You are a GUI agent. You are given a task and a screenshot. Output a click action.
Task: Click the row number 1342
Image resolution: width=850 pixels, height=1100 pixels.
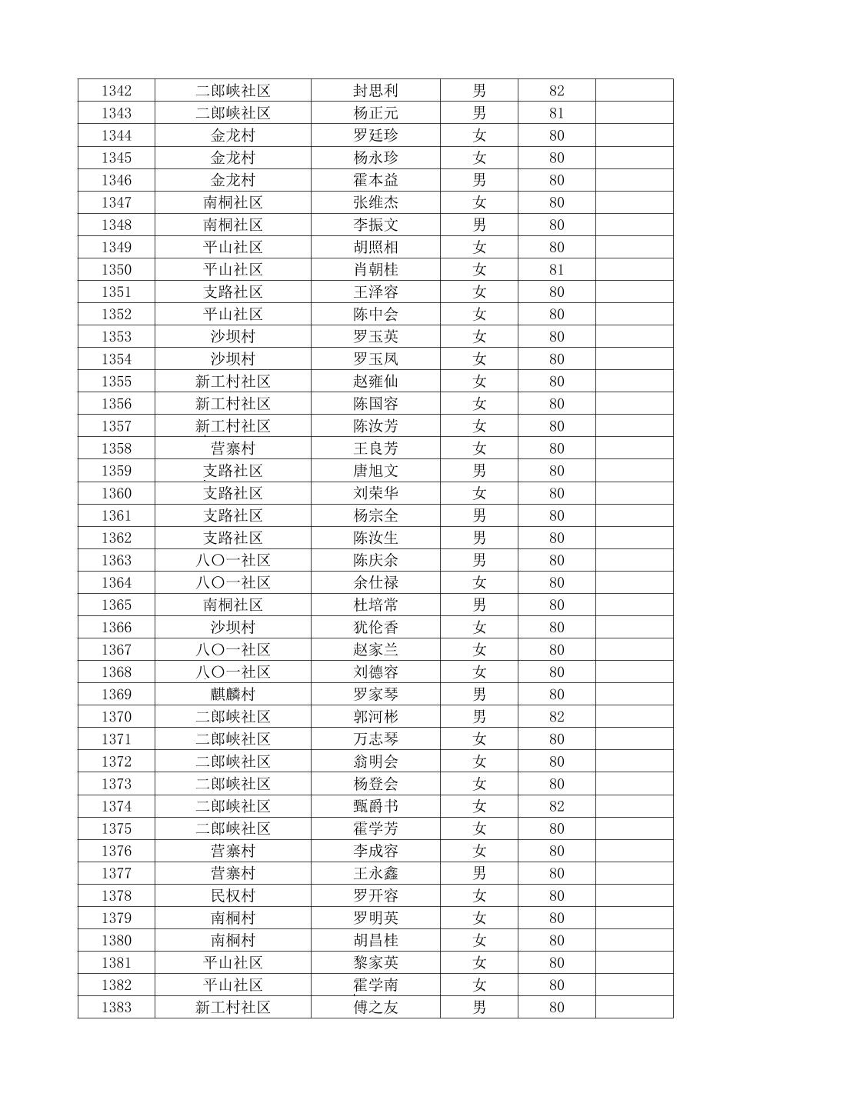[x=116, y=91]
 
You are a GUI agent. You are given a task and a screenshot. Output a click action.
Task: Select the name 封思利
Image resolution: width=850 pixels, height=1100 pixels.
[x=375, y=91]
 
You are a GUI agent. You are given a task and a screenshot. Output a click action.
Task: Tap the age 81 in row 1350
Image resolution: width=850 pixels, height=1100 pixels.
[x=556, y=270]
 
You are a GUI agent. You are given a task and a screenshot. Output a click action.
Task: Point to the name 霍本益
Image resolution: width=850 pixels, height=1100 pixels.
[x=375, y=180]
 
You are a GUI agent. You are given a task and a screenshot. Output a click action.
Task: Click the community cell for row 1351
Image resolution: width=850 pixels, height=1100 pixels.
[x=232, y=292]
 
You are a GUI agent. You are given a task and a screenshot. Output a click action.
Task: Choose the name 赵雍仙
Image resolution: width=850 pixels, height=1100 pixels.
[x=375, y=382]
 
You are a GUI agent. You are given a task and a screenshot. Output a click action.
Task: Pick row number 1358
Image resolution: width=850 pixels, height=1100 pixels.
[x=116, y=448]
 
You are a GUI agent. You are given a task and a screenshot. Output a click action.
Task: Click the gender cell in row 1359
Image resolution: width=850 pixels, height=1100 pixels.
[x=478, y=471]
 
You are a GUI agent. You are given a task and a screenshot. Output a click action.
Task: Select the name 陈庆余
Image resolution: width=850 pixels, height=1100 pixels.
[x=375, y=560]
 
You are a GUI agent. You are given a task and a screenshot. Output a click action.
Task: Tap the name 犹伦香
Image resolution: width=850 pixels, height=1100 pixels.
[x=375, y=627]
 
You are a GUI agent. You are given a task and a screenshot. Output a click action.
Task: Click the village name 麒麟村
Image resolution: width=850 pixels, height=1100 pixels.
[x=232, y=695]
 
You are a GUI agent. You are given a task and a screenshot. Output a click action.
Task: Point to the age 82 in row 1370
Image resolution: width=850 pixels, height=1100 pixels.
[x=556, y=717]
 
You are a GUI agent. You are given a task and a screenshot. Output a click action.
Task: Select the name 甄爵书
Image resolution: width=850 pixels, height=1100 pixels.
[x=375, y=806]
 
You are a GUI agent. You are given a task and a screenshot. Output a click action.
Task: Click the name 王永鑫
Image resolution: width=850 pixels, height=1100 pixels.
[x=375, y=873]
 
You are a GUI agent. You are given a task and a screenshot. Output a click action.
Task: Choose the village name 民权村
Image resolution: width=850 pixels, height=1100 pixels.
[x=232, y=895]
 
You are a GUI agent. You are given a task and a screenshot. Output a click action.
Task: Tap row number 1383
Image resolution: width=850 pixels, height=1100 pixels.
[x=116, y=1008]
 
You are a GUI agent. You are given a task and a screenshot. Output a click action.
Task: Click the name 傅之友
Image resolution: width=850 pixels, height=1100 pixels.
[x=375, y=1008]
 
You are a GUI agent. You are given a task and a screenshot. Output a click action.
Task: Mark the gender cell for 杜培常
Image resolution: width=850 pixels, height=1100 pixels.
[x=478, y=605]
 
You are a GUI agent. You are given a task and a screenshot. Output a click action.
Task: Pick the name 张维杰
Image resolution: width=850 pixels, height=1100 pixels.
[x=375, y=202]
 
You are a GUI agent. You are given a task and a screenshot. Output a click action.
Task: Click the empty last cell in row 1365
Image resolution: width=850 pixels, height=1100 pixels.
[x=634, y=605]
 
